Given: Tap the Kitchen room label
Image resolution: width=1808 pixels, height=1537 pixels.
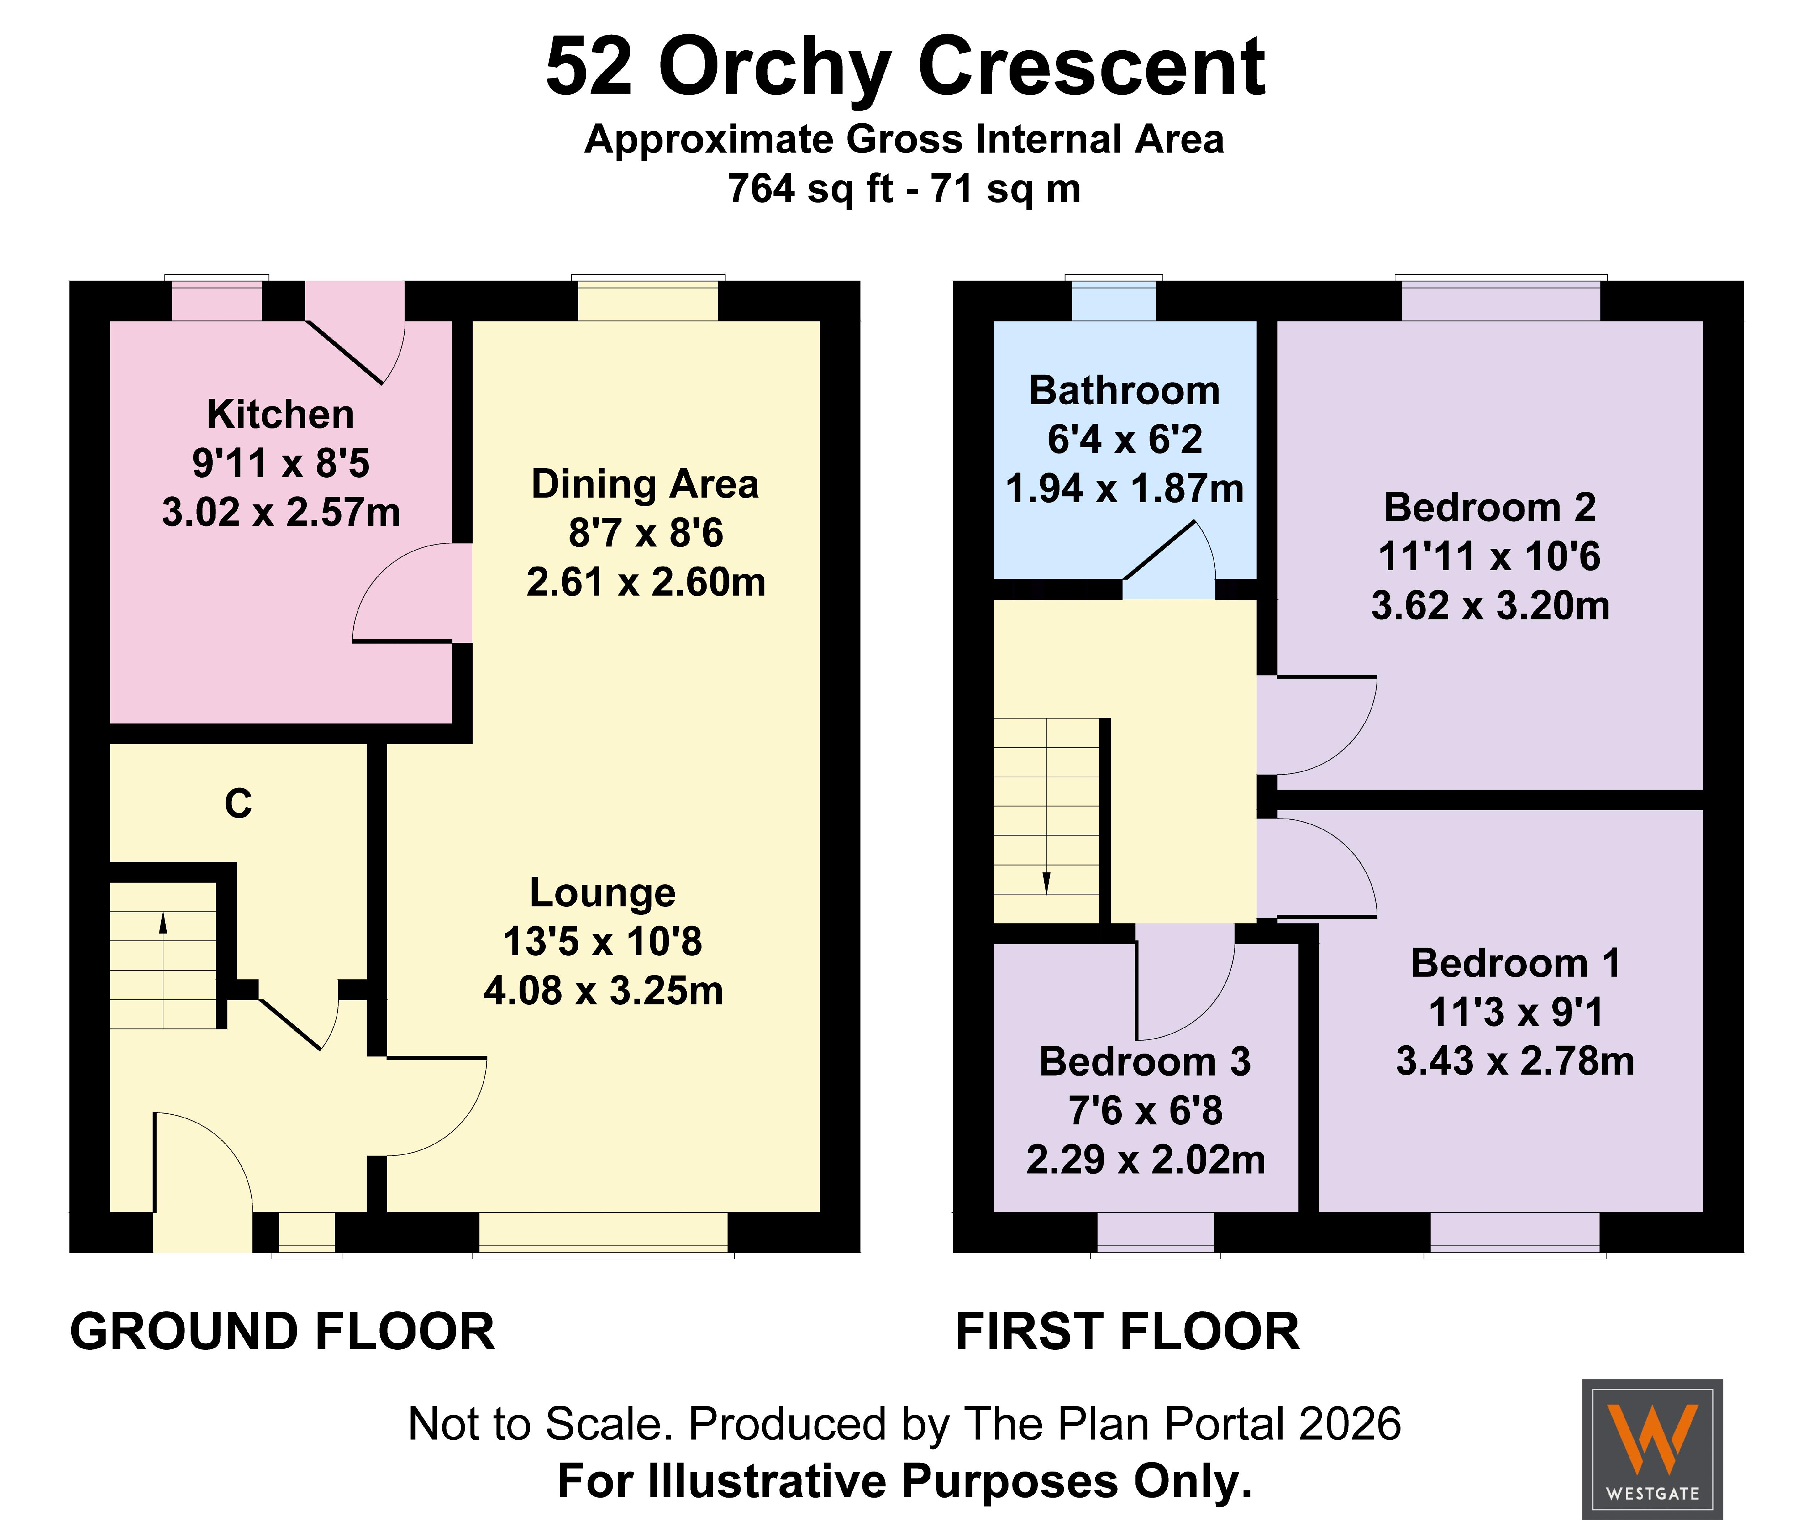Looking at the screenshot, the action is click(281, 415).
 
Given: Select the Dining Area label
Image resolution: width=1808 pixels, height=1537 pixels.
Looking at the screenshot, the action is click(645, 484).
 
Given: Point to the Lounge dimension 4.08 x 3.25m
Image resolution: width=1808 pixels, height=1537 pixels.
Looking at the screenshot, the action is click(603, 991).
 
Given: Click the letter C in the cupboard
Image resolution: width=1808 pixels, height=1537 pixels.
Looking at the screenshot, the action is click(238, 803).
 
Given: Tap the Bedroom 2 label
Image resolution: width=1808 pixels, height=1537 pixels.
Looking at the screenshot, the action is click(1490, 507).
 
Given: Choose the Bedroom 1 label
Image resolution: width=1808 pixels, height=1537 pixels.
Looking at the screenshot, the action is click(1516, 963).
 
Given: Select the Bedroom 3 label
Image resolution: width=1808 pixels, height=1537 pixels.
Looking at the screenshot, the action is click(1145, 1061).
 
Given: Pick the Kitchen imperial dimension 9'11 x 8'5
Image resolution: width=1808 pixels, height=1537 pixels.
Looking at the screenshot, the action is click(281, 464).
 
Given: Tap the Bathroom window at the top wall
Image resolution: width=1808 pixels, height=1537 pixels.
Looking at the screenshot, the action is click(1114, 299).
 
